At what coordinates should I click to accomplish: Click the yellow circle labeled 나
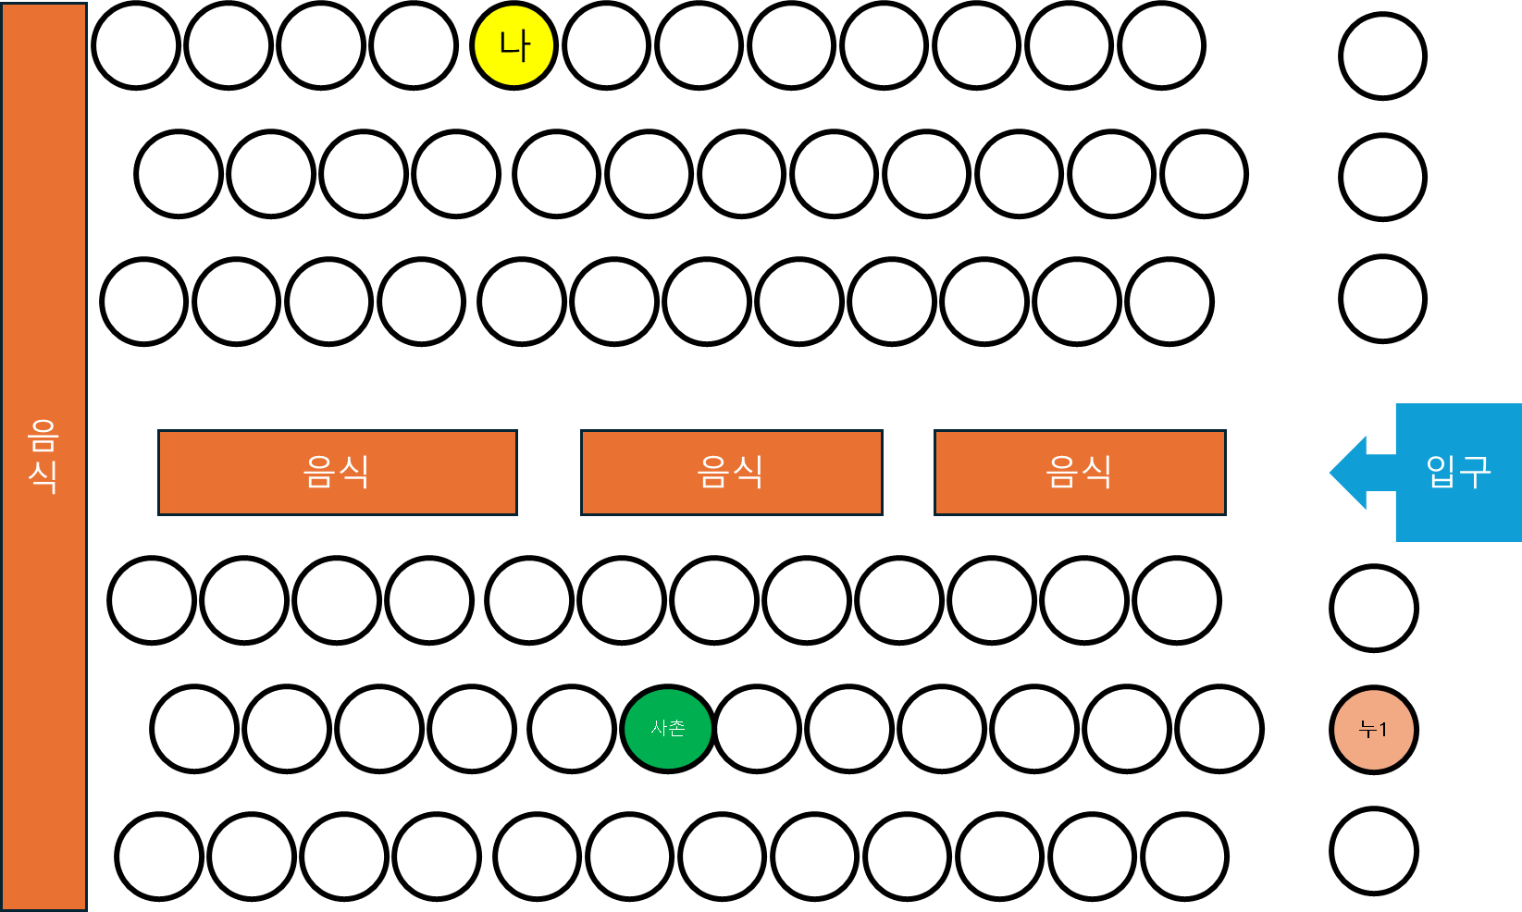pos(514,45)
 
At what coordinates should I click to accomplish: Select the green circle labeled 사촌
pos(668,729)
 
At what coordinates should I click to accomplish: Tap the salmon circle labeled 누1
pos(1374,730)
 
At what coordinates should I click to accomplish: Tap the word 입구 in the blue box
pos(1458,472)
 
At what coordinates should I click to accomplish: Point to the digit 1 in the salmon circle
pos(1382,730)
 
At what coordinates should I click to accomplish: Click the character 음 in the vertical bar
pos(43,435)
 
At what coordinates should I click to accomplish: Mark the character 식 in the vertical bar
pos(43,475)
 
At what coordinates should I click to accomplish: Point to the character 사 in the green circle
pos(659,728)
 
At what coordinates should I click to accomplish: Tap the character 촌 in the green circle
pos(677,728)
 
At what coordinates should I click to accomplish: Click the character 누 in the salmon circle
pos(1367,730)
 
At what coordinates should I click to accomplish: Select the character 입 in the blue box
pos(1442,472)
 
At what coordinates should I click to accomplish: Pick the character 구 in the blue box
pos(1475,472)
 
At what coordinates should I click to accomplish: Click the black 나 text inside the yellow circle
pos(514,45)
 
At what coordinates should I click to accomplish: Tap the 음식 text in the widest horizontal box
pos(337,472)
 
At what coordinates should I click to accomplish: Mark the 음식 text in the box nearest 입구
pos(1079,472)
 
